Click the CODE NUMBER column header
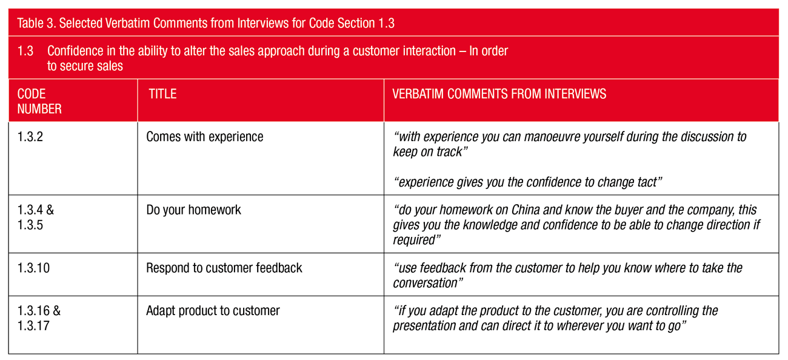tap(39, 101)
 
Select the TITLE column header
tap(162, 94)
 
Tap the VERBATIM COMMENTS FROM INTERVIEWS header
tap(499, 94)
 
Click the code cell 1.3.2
tap(30, 137)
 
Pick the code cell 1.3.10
tap(33, 268)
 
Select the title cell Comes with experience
tap(205, 137)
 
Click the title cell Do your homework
tap(193, 210)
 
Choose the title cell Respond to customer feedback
tap(224, 268)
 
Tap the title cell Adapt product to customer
tap(213, 311)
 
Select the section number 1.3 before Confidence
tap(25, 51)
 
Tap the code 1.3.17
tap(33, 326)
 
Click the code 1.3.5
tap(30, 225)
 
